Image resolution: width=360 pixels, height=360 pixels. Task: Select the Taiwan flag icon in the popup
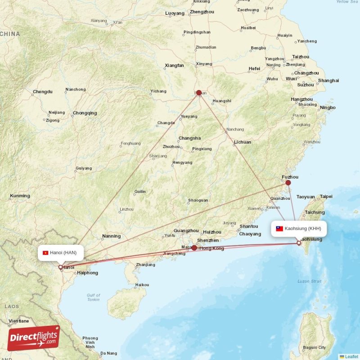click(279, 229)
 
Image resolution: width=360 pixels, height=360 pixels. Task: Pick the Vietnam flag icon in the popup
click(45, 253)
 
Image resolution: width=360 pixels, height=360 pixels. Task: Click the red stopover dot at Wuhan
click(199, 93)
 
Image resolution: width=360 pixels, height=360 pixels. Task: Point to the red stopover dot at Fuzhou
click(288, 183)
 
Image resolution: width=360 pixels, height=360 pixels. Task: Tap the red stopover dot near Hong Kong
click(194, 248)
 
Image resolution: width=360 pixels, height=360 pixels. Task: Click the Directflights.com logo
click(34, 338)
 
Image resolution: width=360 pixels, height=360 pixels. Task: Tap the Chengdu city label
click(42, 92)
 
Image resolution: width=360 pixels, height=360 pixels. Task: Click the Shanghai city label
click(328, 81)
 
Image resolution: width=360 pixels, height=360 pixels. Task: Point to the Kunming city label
click(20, 196)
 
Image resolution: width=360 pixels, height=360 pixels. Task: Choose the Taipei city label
click(326, 196)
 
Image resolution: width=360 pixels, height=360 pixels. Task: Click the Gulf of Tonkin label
click(94, 297)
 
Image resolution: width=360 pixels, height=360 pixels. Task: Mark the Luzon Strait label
click(310, 281)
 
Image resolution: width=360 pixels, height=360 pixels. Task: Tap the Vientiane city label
click(18, 321)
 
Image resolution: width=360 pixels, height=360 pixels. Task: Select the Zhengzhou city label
click(202, 12)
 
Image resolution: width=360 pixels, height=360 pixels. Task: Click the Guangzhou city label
click(186, 230)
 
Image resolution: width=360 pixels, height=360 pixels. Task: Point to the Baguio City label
click(315, 347)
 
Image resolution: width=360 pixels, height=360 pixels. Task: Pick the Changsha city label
click(189, 138)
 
